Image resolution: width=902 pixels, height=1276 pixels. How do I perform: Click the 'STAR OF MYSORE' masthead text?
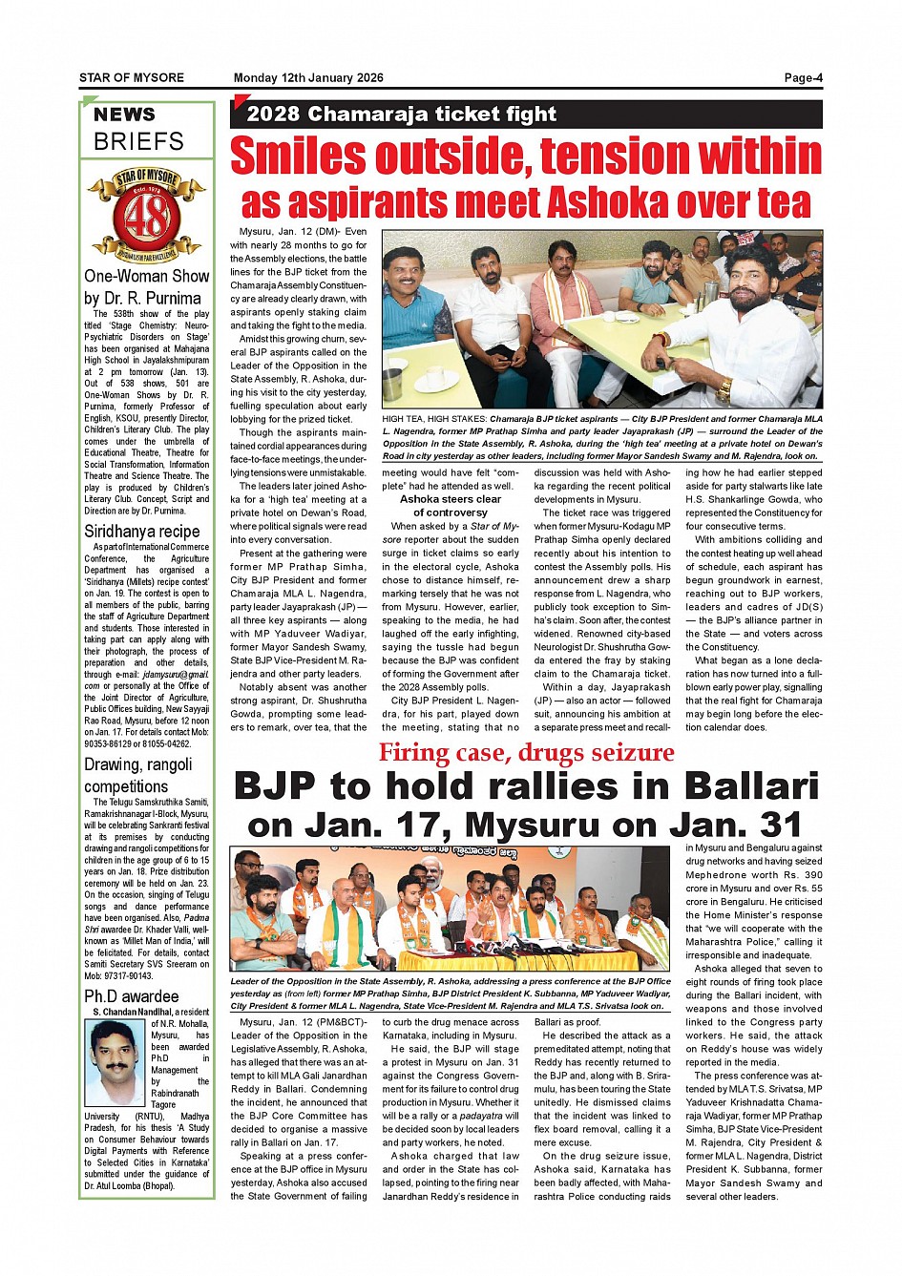pyautogui.click(x=132, y=78)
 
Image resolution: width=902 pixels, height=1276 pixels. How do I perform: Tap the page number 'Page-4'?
pyautogui.click(x=803, y=78)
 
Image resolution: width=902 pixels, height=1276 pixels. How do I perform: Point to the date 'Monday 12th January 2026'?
pyautogui.click(x=308, y=78)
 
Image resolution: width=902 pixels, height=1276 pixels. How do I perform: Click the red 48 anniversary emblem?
pyautogui.click(x=146, y=216)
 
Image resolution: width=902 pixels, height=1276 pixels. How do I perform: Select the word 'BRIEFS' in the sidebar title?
pyautogui.click(x=138, y=142)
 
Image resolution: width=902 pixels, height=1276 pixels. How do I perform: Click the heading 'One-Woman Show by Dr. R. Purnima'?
pyautogui.click(x=146, y=287)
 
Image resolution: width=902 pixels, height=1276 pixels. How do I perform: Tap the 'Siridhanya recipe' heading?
pyautogui.click(x=141, y=532)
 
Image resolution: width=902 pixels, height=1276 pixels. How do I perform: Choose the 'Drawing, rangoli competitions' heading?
pyautogui.click(x=137, y=775)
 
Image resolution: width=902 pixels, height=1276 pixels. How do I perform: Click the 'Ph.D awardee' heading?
pyautogui.click(x=131, y=996)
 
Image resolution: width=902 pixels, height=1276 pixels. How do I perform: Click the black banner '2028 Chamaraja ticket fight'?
pyautogui.click(x=401, y=115)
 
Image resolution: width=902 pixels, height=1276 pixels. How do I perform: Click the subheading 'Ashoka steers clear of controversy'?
pyautogui.click(x=451, y=506)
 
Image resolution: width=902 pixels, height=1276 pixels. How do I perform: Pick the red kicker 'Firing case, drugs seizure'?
pyautogui.click(x=526, y=753)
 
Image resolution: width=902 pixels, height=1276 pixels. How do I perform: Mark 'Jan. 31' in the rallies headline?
pyautogui.click(x=748, y=825)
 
